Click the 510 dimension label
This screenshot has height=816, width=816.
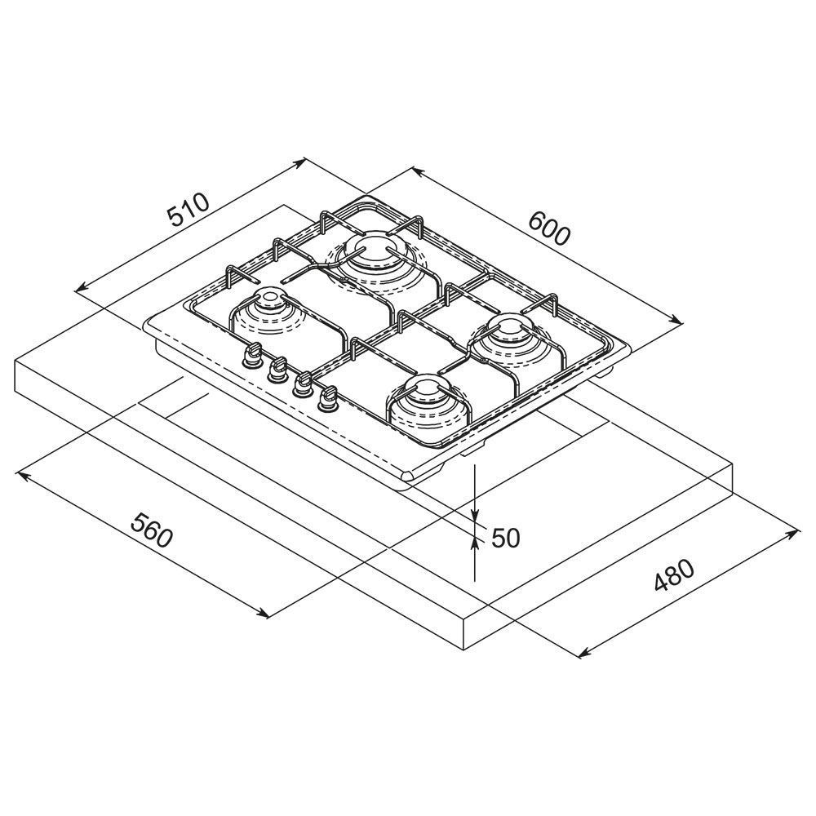(188, 209)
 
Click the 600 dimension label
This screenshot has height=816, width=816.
(549, 229)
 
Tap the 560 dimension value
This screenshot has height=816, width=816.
(151, 530)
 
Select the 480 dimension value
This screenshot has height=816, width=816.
(675, 575)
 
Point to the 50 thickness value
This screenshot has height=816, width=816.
(506, 538)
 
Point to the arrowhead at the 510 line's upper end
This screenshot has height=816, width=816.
(299, 163)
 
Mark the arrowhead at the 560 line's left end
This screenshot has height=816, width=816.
(24, 475)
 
